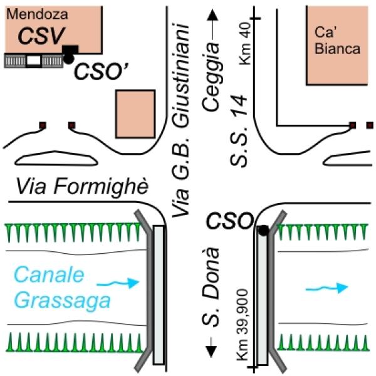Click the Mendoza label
coord(37,14)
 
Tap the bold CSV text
coord(41,36)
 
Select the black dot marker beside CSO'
coord(68,58)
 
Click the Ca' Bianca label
coord(337,40)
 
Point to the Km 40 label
coord(245,43)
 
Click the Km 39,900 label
coord(242,325)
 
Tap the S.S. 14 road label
coord(238,131)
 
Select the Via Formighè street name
coord(82,187)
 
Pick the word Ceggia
coord(211,76)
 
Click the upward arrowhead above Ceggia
coord(212,15)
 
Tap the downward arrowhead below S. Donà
coord(211,352)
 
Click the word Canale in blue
coord(49,275)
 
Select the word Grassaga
coord(62,301)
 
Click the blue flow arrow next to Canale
coord(118,283)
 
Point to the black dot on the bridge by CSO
coord(264,230)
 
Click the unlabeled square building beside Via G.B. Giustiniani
coord(135,114)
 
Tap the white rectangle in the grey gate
coord(34,61)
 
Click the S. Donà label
coord(211,287)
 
